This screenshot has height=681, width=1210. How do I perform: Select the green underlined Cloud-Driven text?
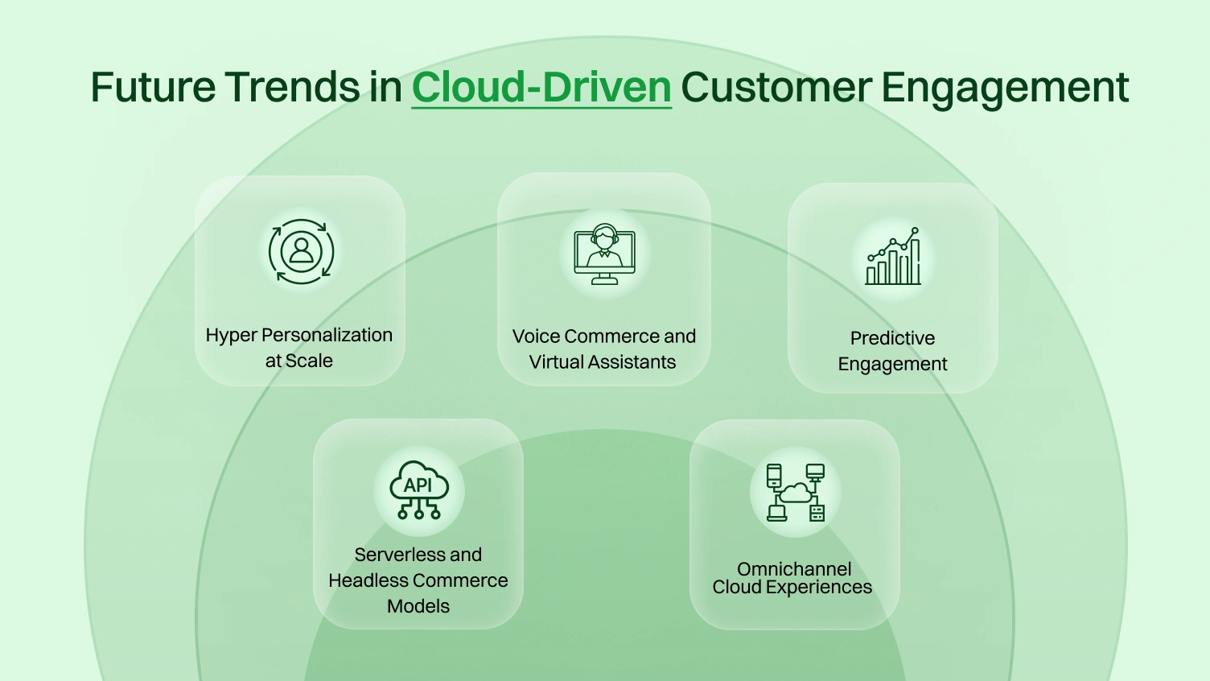pyautogui.click(x=541, y=87)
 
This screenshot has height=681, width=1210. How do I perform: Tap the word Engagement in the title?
pyautogui.click(x=1006, y=87)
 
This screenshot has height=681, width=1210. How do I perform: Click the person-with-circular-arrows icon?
pyautogui.click(x=301, y=252)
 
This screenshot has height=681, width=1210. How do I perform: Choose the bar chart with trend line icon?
pyautogui.click(x=893, y=257)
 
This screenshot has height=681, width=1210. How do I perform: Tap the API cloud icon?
pyautogui.click(x=418, y=490)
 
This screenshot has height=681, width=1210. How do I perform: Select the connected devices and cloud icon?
pyautogui.click(x=795, y=492)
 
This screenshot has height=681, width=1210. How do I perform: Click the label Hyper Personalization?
pyautogui.click(x=299, y=335)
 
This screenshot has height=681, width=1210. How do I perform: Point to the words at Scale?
pyautogui.click(x=299, y=361)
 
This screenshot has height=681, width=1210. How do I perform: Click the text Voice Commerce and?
pyautogui.click(x=604, y=336)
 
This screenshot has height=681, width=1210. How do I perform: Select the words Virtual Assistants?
pyautogui.click(x=603, y=362)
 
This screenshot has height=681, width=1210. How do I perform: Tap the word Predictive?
pyautogui.click(x=892, y=338)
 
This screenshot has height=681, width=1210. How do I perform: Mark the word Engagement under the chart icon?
pyautogui.click(x=892, y=364)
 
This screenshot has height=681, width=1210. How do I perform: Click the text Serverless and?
pyautogui.click(x=418, y=555)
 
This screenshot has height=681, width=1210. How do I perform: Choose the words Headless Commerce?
pyautogui.click(x=418, y=580)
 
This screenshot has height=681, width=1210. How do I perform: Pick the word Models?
pyautogui.click(x=418, y=606)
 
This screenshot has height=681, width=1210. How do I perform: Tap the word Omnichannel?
pyautogui.click(x=794, y=568)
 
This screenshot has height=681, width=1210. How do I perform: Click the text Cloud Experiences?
pyautogui.click(x=792, y=588)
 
